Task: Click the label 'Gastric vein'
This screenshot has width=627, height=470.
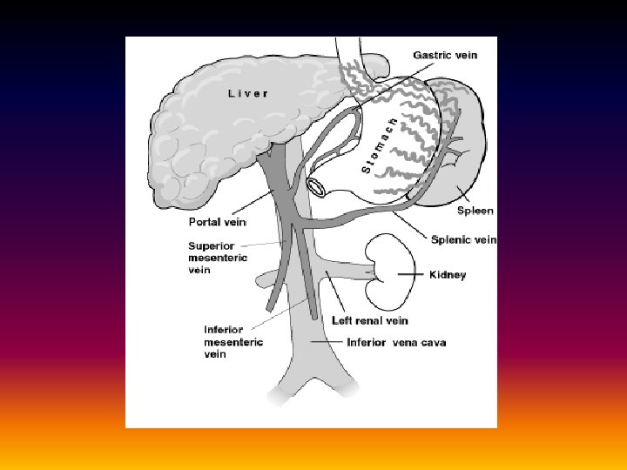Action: click(x=444, y=55)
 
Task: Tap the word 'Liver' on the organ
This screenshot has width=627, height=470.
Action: click(x=247, y=93)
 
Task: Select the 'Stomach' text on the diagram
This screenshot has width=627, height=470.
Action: click(x=380, y=144)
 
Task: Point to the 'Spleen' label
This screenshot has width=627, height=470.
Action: click(x=475, y=211)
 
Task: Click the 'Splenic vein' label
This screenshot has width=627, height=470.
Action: click(x=463, y=239)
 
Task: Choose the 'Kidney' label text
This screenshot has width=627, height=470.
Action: click(x=448, y=275)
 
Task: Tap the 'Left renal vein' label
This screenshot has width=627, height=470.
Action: click(x=369, y=320)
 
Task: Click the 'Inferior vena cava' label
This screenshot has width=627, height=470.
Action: click(x=396, y=342)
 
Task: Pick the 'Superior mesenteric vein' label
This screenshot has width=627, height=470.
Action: click(x=218, y=258)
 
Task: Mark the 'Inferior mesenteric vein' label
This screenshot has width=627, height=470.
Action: click(x=223, y=342)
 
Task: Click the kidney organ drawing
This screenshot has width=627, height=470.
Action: click(x=387, y=266)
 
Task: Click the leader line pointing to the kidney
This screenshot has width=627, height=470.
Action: click(x=412, y=274)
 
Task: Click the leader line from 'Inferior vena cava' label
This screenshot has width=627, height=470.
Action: click(x=326, y=342)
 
